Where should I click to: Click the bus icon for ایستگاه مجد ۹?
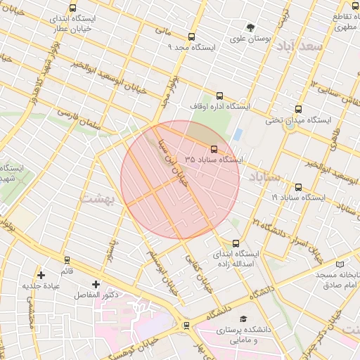pyautogui.click(x=191, y=37)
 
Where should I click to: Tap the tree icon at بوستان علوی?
pyautogui.click(x=250, y=27)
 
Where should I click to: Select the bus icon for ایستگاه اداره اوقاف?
pyautogui.click(x=219, y=96)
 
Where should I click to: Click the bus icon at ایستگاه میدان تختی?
pyautogui.click(x=298, y=110)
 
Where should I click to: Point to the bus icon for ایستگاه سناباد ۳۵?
pyautogui.click(x=214, y=148)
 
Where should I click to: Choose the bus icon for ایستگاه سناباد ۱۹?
pyautogui.click(x=299, y=188)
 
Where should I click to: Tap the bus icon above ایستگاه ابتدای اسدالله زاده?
pyautogui.click(x=235, y=243)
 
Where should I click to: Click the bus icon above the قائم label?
pyautogui.click(x=67, y=260)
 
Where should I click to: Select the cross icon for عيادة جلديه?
pyautogui.click(x=41, y=274)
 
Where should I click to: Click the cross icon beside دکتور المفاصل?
pyautogui.click(x=96, y=284)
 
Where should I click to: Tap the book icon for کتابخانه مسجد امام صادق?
pyautogui.click(x=341, y=264)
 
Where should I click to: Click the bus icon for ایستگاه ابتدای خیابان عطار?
pyautogui.click(x=72, y=9)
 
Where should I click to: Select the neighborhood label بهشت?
pyautogui.click(x=96, y=198)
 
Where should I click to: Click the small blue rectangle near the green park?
pyautogui.click(x=238, y=134)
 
